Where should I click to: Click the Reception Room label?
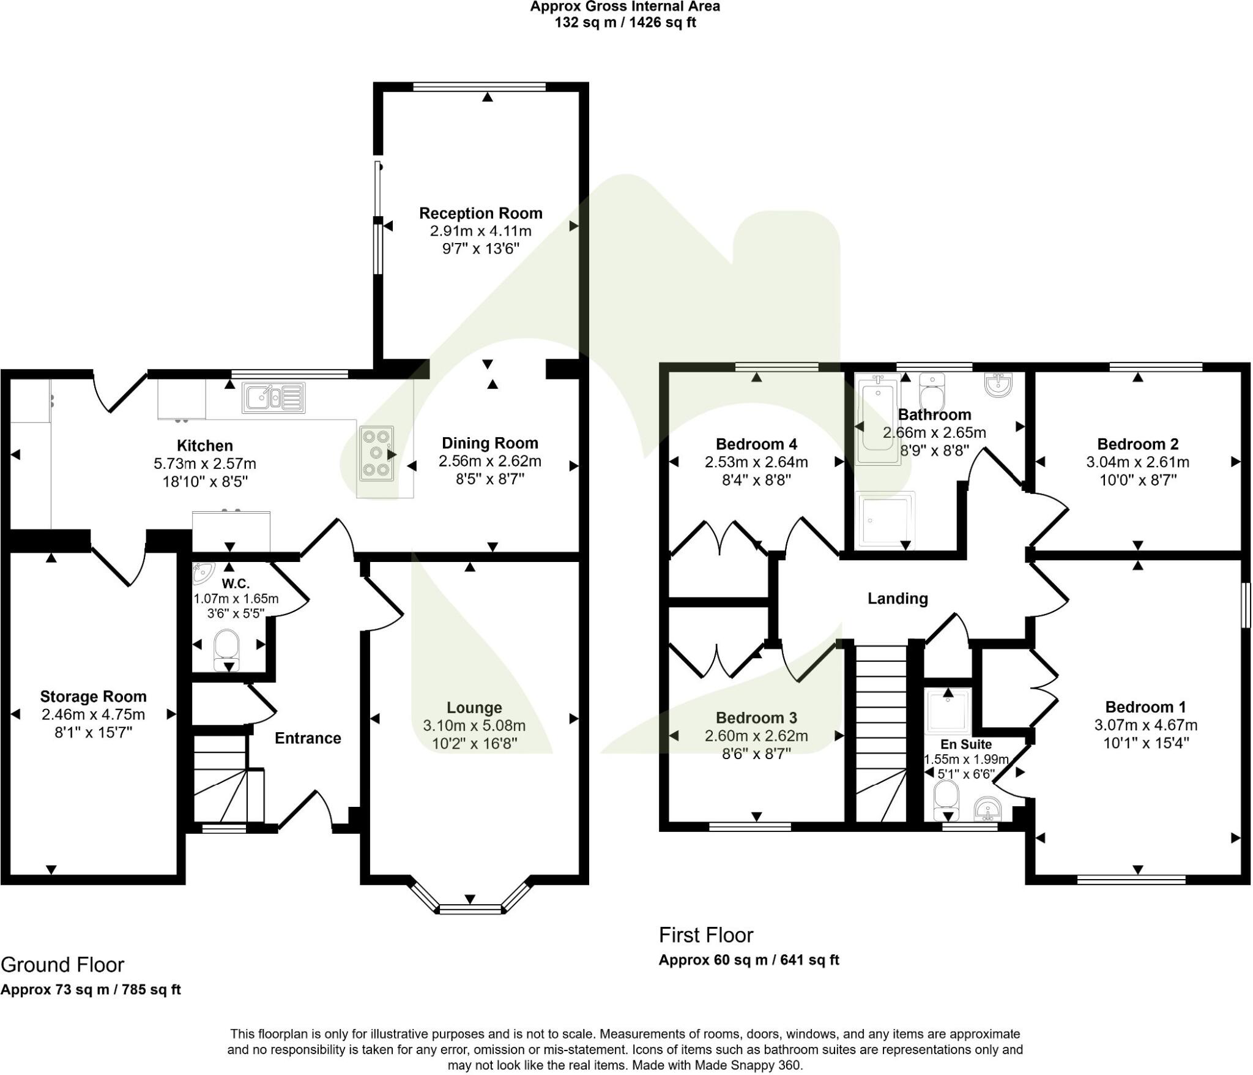(480, 214)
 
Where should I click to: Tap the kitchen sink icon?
(273, 397)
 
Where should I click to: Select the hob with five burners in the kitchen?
(376, 453)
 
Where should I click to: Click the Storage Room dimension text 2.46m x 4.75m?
(93, 714)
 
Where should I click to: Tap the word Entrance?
(307, 738)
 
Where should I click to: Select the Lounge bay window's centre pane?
(470, 909)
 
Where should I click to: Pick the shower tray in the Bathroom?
(887, 519)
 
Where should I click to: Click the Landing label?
(898, 599)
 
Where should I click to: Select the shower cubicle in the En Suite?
(948, 711)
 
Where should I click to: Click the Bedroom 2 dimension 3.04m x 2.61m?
(1137, 462)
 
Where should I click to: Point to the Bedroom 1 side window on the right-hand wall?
(1245, 605)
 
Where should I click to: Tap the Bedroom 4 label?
(756, 444)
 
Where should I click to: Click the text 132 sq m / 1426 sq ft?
(625, 23)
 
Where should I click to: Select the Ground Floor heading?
(62, 965)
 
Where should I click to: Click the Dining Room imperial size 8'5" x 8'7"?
(489, 479)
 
